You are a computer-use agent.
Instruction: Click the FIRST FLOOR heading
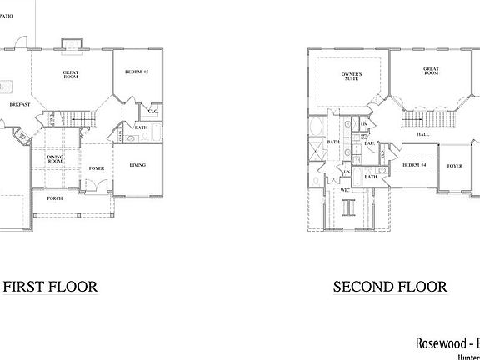point(51,287)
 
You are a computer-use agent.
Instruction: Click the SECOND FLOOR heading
point(390,287)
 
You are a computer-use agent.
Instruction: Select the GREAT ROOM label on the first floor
point(71,76)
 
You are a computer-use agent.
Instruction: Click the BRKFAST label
point(20,106)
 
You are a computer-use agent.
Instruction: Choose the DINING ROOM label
point(55,160)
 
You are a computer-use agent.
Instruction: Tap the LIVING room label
point(137,165)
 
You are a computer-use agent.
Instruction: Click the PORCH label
point(55,199)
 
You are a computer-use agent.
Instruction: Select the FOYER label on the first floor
point(97,168)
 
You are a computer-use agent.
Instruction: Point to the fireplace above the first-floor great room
point(70,42)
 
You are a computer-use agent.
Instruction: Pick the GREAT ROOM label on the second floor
point(431,72)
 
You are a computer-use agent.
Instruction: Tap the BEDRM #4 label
point(413,166)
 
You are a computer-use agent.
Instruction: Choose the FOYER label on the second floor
point(454,166)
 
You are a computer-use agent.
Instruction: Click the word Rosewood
point(441,342)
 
